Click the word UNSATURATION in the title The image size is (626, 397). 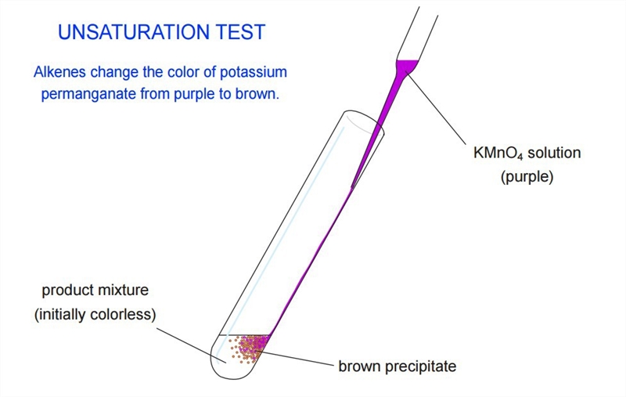tap(134, 32)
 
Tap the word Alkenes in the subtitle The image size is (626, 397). tap(59, 72)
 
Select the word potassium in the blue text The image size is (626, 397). tap(254, 72)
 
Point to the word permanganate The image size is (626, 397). tap(88, 94)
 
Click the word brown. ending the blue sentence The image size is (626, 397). tap(257, 93)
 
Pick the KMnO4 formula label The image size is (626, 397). tap(498, 153)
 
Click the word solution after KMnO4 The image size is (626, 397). tap(554, 153)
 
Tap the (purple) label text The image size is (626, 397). tap(527, 176)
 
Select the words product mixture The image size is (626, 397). tap(95, 291)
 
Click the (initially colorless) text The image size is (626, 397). tap(95, 314)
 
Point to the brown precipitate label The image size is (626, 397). tap(398, 366)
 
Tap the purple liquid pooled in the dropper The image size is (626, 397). tap(407, 66)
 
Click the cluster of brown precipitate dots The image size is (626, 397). tap(247, 349)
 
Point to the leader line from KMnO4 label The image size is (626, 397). tap(437, 107)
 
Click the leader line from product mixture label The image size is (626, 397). tap(191, 345)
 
